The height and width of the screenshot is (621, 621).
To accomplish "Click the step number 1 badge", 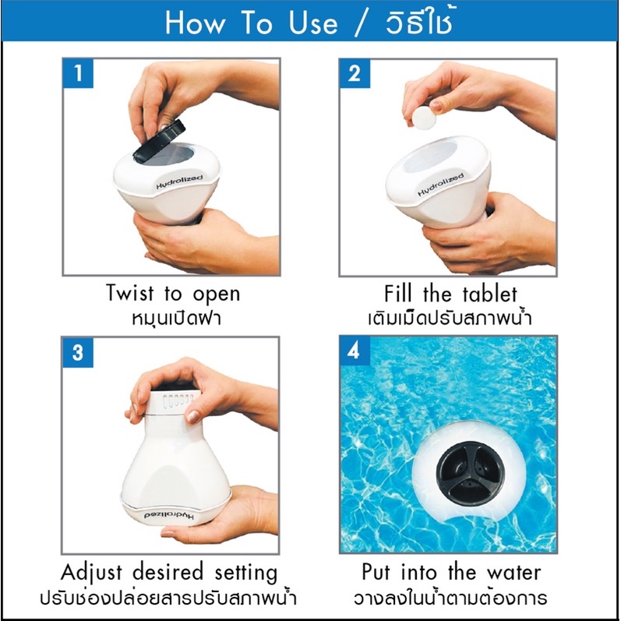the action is click(78, 73).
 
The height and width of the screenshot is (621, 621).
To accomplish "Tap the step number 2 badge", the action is click(355, 74).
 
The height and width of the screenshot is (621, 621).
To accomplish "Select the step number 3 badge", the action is click(78, 352).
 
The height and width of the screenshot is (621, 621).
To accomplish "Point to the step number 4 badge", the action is click(355, 351).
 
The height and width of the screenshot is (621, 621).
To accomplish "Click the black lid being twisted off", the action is click(159, 141).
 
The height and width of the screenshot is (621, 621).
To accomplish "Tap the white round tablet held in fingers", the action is click(424, 118).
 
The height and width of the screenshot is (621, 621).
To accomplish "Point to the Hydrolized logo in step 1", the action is click(179, 182).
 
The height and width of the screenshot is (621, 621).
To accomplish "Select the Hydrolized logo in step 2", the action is click(440, 185).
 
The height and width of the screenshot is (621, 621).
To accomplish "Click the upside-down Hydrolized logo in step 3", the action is click(169, 516).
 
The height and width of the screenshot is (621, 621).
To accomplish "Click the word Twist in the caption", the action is click(130, 294).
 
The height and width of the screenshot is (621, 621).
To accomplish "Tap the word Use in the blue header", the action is click(313, 23).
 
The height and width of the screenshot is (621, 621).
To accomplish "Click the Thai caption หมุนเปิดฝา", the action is click(176, 319).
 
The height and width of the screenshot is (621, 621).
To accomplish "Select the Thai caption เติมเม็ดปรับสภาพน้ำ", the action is click(450, 318).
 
